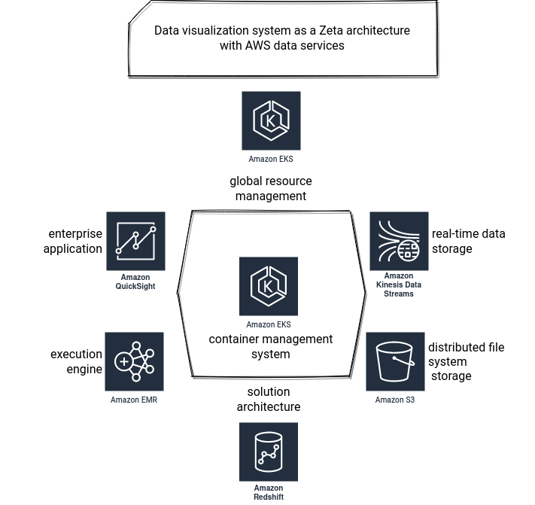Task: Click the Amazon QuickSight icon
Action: (x=135, y=242)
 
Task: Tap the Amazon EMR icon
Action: (x=135, y=362)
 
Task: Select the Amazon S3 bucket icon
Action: (x=396, y=362)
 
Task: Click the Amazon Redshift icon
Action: (x=269, y=452)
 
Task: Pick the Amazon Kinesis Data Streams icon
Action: (x=400, y=242)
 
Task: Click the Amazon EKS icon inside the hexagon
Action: (x=269, y=286)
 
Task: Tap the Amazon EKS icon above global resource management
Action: (x=271, y=120)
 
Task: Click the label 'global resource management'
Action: (x=271, y=188)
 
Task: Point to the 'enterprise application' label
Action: (x=73, y=242)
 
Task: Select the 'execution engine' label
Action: (x=77, y=362)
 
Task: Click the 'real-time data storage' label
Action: (x=469, y=242)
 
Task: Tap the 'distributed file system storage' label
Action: (x=466, y=361)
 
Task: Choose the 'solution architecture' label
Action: (x=269, y=399)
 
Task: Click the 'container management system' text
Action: (x=271, y=346)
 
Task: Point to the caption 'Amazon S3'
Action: (x=395, y=400)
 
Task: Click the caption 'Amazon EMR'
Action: (x=134, y=400)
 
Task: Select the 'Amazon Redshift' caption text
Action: (x=269, y=492)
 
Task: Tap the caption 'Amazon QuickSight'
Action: (x=135, y=281)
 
